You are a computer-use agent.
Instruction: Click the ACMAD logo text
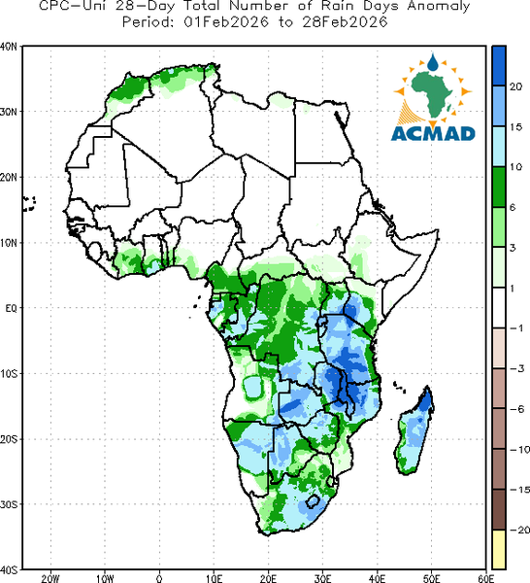(x=433, y=134)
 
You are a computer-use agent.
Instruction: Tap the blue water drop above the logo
(x=432, y=62)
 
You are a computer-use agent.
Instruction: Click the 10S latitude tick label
(x=9, y=374)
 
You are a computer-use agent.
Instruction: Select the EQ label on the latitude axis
(x=11, y=308)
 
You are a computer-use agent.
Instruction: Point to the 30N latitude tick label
(x=9, y=112)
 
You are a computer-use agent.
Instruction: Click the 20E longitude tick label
(x=268, y=578)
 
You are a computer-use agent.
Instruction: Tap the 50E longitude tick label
(x=431, y=578)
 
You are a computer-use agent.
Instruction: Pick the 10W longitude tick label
(x=105, y=578)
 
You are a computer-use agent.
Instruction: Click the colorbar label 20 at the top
(x=515, y=86)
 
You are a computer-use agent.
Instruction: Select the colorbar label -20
(x=519, y=530)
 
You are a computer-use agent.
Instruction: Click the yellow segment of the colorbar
(x=499, y=549)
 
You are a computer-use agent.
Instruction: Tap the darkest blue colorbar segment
(x=499, y=66)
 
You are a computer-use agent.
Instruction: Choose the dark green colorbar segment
(x=499, y=187)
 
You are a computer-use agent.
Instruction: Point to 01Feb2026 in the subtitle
(x=226, y=22)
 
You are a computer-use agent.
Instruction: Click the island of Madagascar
(x=414, y=431)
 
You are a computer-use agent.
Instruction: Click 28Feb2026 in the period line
(x=345, y=22)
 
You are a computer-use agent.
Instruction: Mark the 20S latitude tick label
(x=9, y=439)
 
